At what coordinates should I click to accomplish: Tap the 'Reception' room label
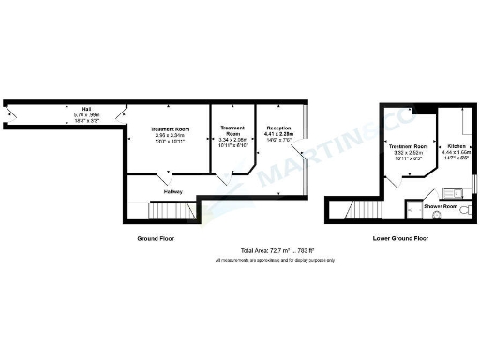[x=279, y=127]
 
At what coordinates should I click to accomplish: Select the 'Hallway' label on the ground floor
[x=172, y=191]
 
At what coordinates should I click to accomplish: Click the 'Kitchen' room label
[x=457, y=147]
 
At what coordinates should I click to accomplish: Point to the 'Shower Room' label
[x=440, y=205]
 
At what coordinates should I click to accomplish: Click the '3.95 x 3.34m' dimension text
[x=171, y=135]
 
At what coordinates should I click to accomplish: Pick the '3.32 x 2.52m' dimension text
[x=409, y=155]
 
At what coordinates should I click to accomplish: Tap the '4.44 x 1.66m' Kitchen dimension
[x=457, y=154]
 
